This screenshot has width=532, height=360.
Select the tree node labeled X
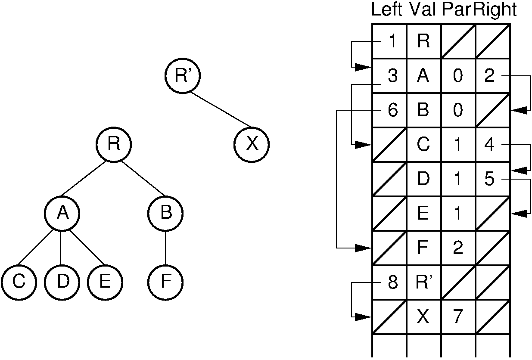pos(252,144)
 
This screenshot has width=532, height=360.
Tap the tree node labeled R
pos(113,144)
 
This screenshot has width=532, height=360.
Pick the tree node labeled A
pos(62,213)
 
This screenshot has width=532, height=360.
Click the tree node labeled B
pos(165,213)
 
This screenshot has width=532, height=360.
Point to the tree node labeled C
pos(19,282)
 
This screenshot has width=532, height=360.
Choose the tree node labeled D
pos(62,282)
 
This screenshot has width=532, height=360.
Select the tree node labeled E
pos(105,282)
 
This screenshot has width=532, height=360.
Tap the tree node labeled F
pos(165,282)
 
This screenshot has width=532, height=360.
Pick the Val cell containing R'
pos(424,282)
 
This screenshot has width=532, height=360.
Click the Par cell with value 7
pos(458,317)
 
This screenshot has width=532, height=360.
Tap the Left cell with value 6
pos(389,110)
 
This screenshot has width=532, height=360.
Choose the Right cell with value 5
pos(493,179)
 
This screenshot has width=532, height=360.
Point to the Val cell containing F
pos(424,248)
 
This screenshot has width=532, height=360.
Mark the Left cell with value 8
pos(389,282)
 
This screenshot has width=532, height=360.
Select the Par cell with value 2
pos(458,248)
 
